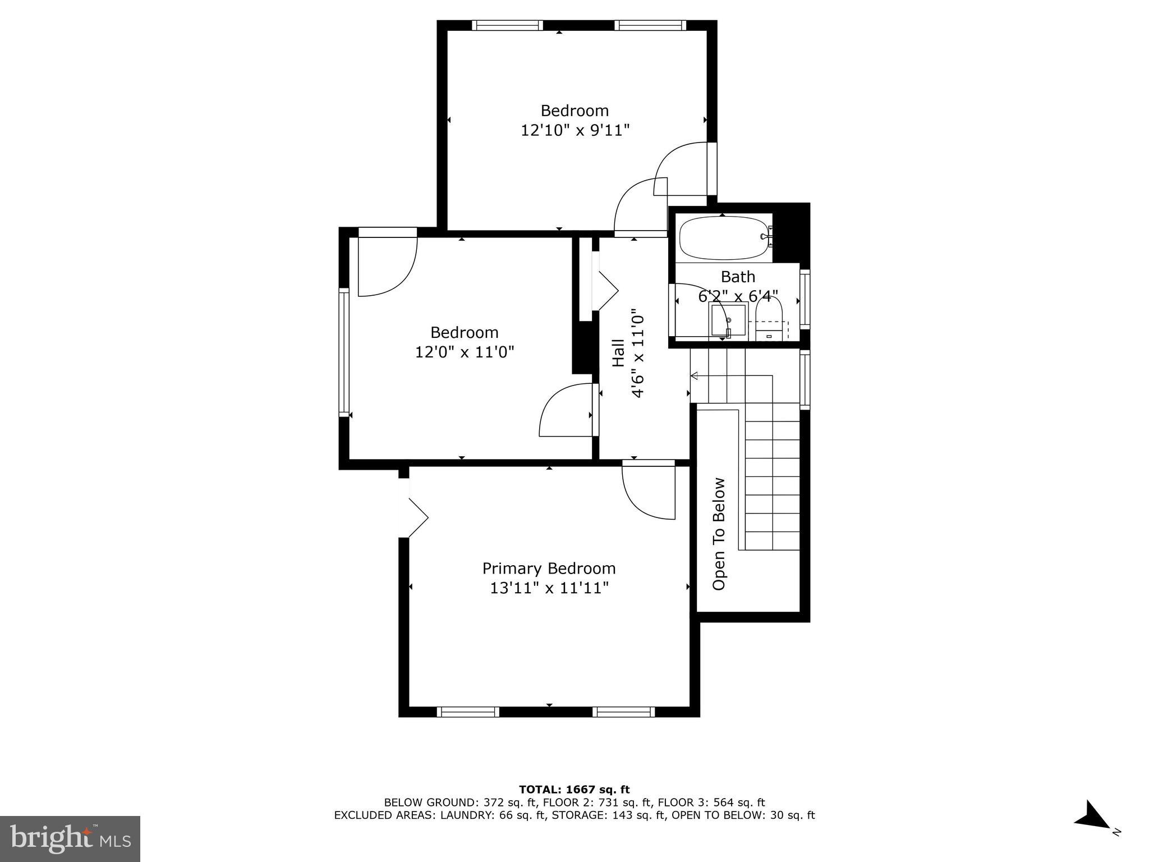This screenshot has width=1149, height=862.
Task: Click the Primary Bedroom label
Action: click(x=549, y=568)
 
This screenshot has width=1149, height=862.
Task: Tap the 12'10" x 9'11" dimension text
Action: click(x=575, y=130)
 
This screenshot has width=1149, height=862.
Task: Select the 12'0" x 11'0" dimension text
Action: click(x=464, y=352)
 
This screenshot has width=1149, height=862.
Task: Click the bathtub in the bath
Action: click(x=723, y=238)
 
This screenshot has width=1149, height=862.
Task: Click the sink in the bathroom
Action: click(x=728, y=320)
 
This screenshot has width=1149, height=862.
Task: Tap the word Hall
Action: click(x=618, y=353)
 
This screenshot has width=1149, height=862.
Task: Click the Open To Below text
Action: click(x=719, y=534)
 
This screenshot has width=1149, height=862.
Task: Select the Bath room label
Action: click(x=738, y=277)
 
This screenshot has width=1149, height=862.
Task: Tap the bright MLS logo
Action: click(x=70, y=838)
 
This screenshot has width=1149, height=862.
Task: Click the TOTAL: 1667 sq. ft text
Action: click(x=574, y=790)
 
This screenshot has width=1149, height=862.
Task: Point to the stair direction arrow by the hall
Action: click(x=694, y=375)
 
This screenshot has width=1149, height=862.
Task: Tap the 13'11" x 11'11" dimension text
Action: click(x=549, y=588)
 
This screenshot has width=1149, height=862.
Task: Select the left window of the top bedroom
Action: click(x=507, y=25)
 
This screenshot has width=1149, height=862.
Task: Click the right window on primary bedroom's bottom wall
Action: click(x=624, y=712)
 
